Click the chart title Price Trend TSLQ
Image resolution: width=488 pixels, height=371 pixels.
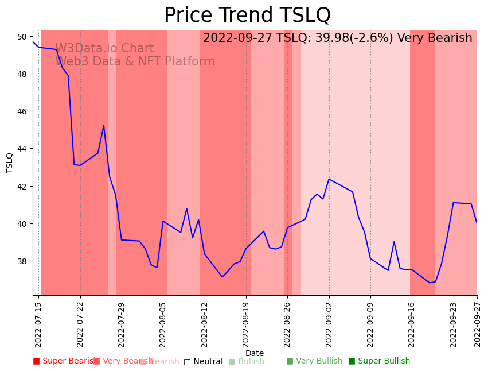tap(247, 15)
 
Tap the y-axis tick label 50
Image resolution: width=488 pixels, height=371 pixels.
tap(22, 37)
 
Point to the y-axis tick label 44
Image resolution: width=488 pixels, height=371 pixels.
tap(22, 149)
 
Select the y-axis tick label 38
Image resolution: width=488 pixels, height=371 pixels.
tap(22, 261)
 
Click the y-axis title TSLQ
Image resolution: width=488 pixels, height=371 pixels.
tap(10, 163)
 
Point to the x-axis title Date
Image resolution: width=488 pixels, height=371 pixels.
tap(255, 353)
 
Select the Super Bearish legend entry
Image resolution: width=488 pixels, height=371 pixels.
tap(64, 361)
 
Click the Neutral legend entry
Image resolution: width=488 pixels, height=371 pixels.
tap(204, 361)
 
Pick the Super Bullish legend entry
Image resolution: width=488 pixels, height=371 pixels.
tap(379, 361)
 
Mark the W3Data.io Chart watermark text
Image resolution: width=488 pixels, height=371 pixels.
tap(104, 49)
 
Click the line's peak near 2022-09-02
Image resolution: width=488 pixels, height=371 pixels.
tap(329, 179)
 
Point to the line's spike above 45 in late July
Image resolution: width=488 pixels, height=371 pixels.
tap(104, 126)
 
